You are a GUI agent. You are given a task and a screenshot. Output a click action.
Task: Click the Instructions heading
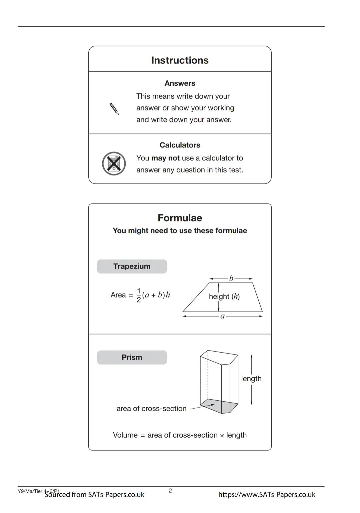pyautogui.click(x=180, y=60)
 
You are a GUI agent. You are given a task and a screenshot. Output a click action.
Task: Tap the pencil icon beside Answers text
pyautogui.click(x=114, y=109)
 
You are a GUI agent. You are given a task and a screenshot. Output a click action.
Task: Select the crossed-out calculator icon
pyautogui.click(x=114, y=163)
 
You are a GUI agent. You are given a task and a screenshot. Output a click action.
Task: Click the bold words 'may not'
pyautogui.click(x=165, y=158)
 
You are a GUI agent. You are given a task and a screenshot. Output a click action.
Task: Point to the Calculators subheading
pyautogui.click(x=180, y=145)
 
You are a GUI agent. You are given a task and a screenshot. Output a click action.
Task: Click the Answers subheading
pyautogui.click(x=180, y=83)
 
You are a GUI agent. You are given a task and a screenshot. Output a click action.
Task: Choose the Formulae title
pyautogui.click(x=180, y=218)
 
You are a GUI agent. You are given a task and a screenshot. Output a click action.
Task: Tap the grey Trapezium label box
pyautogui.click(x=132, y=267)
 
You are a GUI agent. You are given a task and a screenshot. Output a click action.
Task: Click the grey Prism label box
pyautogui.click(x=132, y=358)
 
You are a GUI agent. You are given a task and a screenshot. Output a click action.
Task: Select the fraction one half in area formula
pyautogui.click(x=139, y=295)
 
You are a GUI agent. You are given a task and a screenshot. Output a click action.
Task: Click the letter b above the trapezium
pyautogui.click(x=231, y=278)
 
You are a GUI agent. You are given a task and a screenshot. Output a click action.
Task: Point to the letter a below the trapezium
pyautogui.click(x=222, y=316)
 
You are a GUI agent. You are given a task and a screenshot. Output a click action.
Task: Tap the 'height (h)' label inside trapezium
pyautogui.click(x=224, y=297)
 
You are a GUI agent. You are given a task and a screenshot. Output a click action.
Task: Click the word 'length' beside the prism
pyautogui.click(x=251, y=379)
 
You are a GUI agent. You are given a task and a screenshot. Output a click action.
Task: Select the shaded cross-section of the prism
pyautogui.click(x=220, y=406)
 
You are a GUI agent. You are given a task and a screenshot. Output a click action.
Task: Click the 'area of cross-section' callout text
pyautogui.click(x=151, y=409)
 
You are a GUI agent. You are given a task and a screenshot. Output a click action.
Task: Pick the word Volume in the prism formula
pyautogui.click(x=125, y=435)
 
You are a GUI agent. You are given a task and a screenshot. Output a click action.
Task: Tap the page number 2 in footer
pyautogui.click(x=170, y=491)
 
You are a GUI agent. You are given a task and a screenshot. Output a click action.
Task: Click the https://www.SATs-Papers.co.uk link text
pyautogui.click(x=267, y=495)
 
